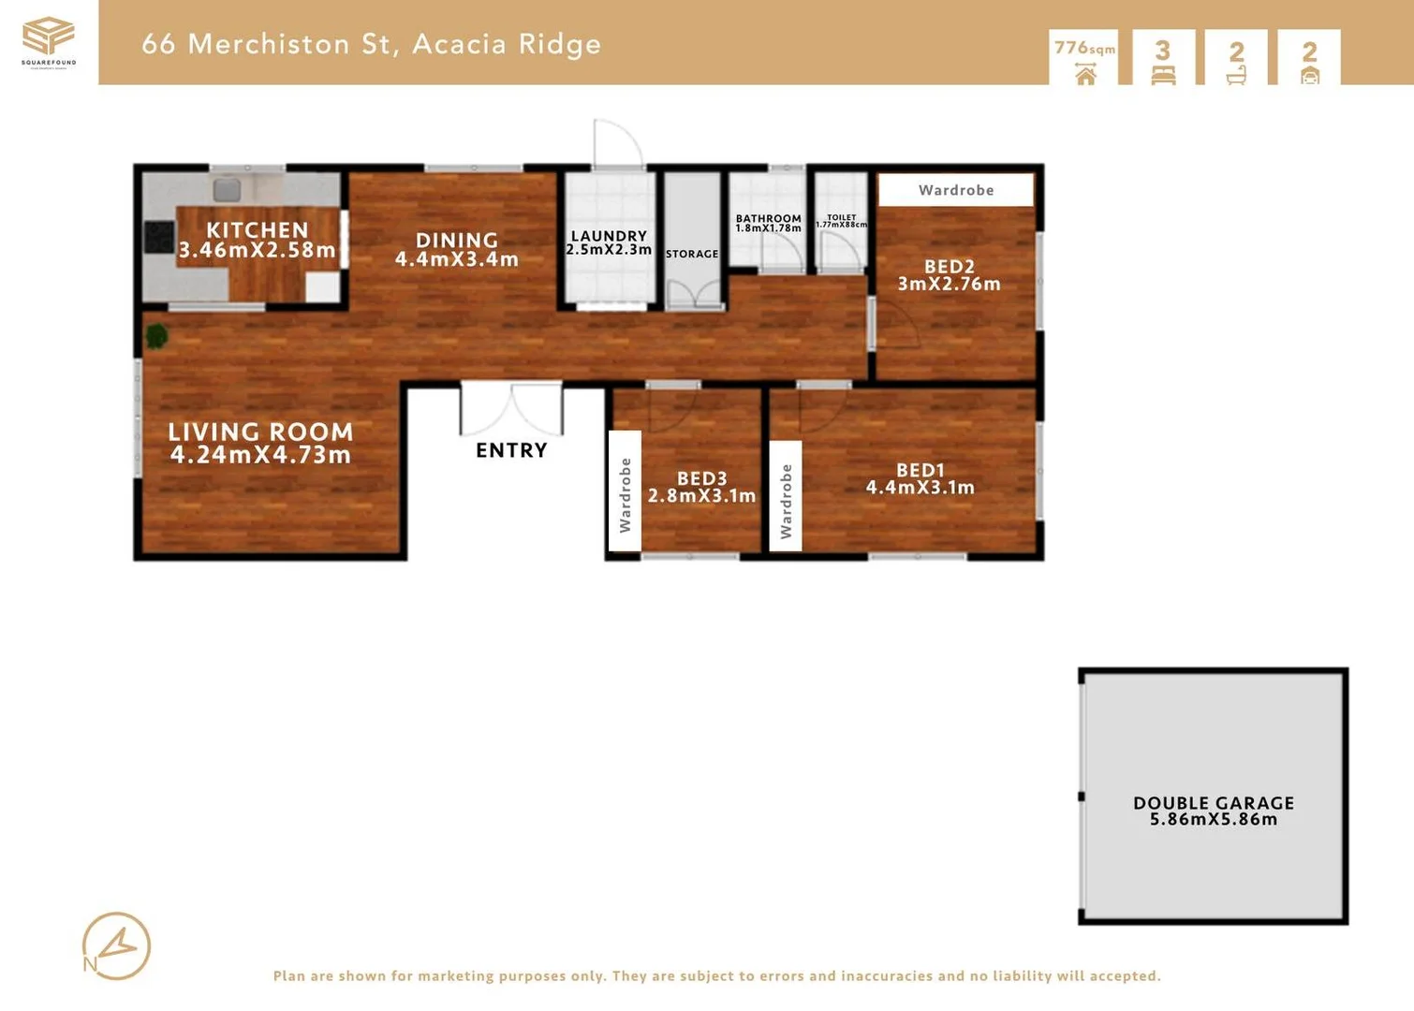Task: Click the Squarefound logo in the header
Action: [x=49, y=40]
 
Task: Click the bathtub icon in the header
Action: [x=1236, y=75]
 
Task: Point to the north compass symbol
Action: [x=116, y=946]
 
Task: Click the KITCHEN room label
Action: [x=257, y=230]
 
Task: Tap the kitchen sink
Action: [x=227, y=190]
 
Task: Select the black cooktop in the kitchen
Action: [x=158, y=237]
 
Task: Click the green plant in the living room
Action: [x=156, y=335]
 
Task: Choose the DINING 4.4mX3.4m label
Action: [x=456, y=250]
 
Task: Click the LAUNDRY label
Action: [x=609, y=237]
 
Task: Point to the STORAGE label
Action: [x=692, y=254]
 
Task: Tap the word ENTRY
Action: [x=511, y=450]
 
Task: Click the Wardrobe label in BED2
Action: [x=956, y=190]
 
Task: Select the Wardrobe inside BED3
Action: [x=625, y=494]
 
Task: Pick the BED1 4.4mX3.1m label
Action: [x=920, y=478]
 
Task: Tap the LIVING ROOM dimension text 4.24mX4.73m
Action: [x=260, y=455]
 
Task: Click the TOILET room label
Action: [x=841, y=217]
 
